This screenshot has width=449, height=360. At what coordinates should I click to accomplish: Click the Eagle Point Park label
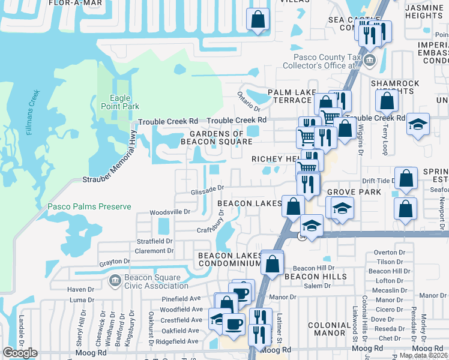point(125,102)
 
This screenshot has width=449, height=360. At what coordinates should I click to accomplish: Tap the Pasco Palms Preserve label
point(89,206)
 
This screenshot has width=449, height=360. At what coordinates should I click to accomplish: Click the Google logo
point(20,353)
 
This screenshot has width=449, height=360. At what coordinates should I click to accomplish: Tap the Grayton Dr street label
point(115,262)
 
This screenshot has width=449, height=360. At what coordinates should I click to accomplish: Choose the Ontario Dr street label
point(249,100)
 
